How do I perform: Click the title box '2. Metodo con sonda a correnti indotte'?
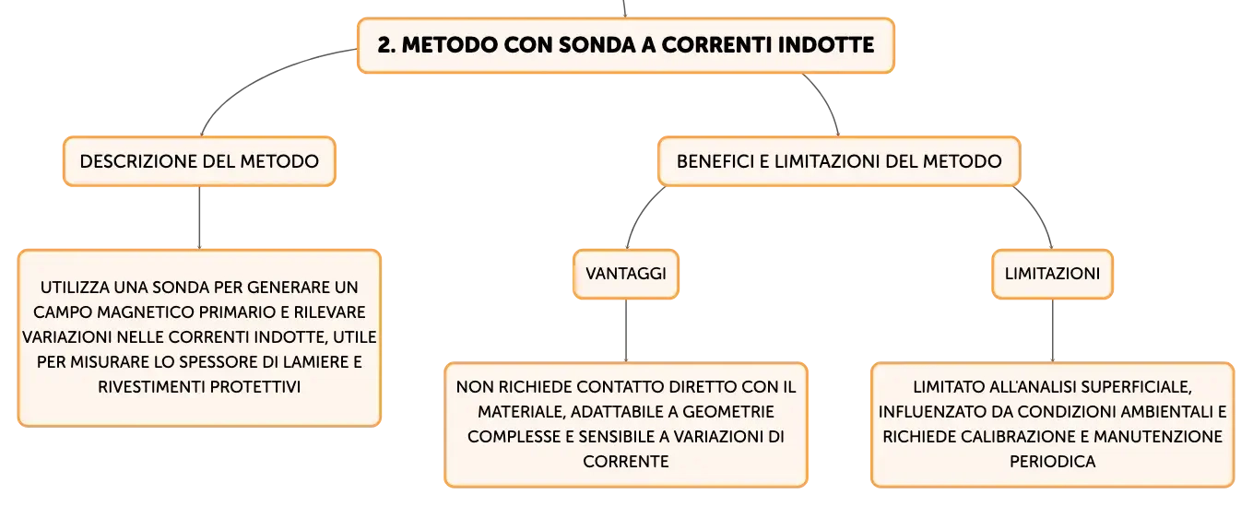tap(625, 45)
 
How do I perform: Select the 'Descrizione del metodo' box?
tap(199, 161)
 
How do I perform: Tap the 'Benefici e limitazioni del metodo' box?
tap(839, 161)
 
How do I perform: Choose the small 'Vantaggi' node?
tap(626, 274)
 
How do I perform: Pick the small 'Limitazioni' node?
tap(1052, 274)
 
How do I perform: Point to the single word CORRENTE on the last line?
tap(626, 461)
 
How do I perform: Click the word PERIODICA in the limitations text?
tap(1052, 461)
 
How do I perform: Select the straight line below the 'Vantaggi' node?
tap(626, 331)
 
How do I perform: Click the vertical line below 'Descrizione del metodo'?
tap(199, 218)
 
